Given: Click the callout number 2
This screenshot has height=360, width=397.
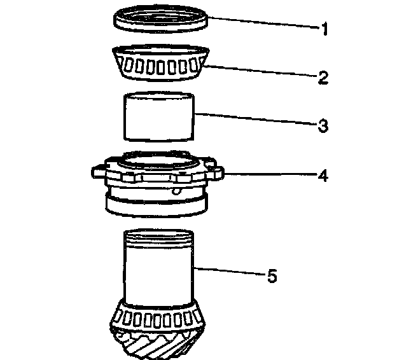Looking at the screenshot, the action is click(x=324, y=78).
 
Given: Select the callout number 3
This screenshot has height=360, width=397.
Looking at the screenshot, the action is click(x=324, y=125).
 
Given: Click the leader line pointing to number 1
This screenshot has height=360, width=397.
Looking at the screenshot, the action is click(x=261, y=24).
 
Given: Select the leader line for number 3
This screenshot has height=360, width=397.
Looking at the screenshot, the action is click(x=254, y=120).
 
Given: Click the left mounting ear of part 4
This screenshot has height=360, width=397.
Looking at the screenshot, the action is click(x=97, y=170).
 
